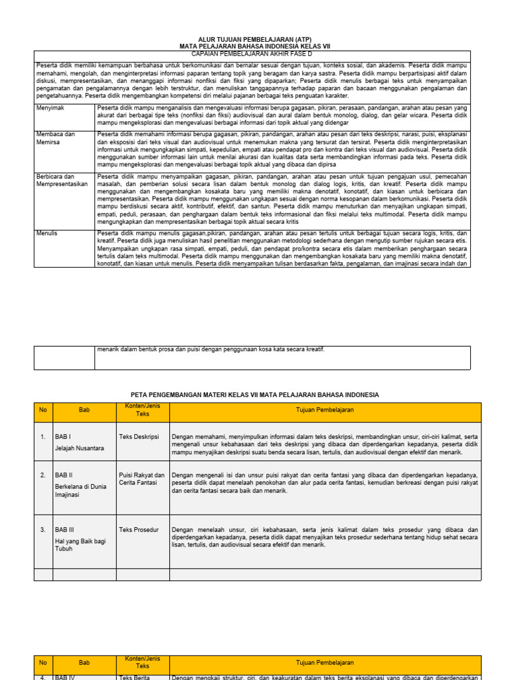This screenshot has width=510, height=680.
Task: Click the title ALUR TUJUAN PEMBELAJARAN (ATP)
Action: coord(254,39)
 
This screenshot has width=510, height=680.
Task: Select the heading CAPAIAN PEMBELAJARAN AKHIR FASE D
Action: coord(254,54)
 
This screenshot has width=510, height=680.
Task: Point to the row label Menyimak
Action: coord(50,107)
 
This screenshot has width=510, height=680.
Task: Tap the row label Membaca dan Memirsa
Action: coord(55,138)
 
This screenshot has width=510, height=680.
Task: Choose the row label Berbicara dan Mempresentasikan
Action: coord(62,180)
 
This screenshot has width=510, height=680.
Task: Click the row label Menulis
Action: coord(48,234)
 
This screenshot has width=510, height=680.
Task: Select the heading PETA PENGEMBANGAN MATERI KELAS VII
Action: coord(254,394)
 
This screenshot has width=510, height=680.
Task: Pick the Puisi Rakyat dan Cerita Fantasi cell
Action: coord(141,479)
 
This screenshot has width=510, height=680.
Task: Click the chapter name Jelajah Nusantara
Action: coord(80,448)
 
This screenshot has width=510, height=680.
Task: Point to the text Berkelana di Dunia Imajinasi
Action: coord(81,491)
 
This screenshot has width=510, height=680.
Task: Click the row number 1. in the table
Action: coord(42,437)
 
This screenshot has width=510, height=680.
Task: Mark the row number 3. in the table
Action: coord(42,529)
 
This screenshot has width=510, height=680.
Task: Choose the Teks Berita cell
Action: coord(135,677)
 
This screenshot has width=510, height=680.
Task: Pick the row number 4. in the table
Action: coord(42,677)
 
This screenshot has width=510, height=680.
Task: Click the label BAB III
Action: coord(66,529)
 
